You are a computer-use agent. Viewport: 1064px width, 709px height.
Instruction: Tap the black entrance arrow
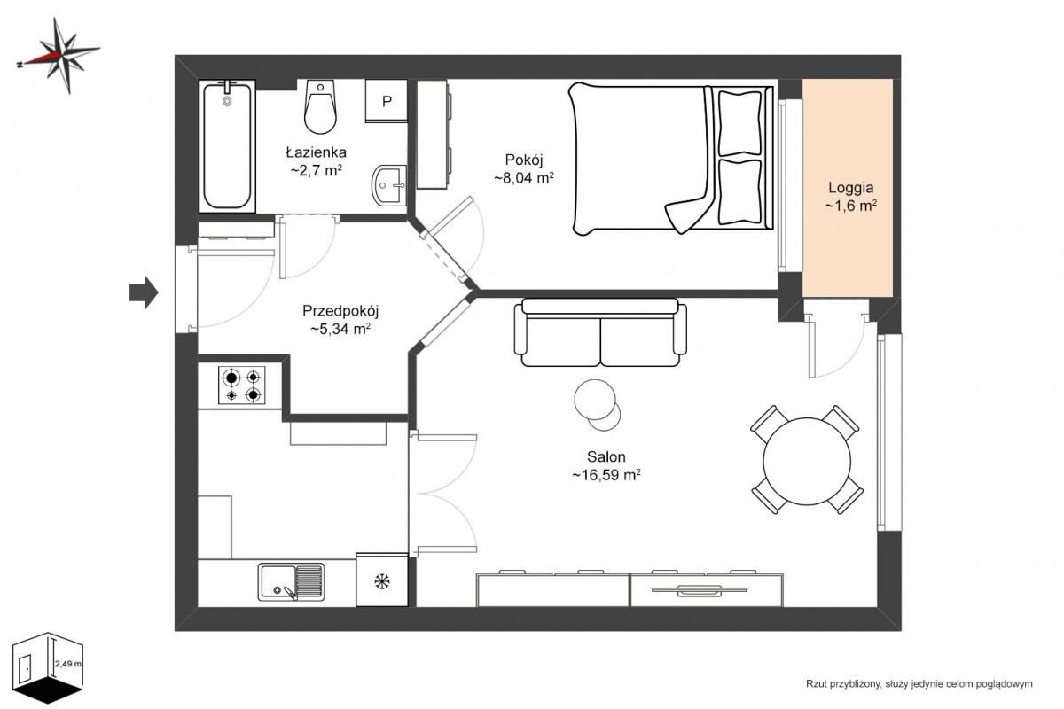(x=144, y=292)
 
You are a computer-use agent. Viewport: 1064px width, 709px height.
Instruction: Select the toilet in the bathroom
(x=321, y=106)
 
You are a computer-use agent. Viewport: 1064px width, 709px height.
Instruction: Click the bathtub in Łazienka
(x=227, y=146)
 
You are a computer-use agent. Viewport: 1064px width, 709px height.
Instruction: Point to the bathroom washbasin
(x=389, y=185)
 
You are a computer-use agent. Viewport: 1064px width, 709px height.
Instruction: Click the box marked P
(x=387, y=101)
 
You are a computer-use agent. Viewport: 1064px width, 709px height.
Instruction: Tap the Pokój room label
(x=524, y=160)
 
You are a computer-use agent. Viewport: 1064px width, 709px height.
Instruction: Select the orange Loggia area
(x=848, y=188)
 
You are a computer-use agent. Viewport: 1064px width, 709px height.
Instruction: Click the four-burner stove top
(x=242, y=386)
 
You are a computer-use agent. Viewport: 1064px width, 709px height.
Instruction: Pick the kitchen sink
(x=291, y=582)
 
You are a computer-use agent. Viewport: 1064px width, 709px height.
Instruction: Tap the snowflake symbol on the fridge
(x=382, y=581)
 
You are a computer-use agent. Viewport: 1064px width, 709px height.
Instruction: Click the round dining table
(x=807, y=461)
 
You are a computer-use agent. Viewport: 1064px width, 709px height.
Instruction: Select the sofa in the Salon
(x=600, y=332)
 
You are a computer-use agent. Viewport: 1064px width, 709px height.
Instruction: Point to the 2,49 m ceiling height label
(x=68, y=664)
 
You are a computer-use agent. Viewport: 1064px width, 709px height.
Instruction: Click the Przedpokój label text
(x=340, y=312)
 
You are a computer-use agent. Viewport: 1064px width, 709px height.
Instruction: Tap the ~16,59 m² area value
(x=606, y=475)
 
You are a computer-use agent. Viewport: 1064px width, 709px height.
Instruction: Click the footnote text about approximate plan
(x=919, y=684)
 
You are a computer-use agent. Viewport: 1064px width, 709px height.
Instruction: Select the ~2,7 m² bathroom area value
(x=317, y=170)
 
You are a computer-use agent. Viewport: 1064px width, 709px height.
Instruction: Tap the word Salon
(x=606, y=456)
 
